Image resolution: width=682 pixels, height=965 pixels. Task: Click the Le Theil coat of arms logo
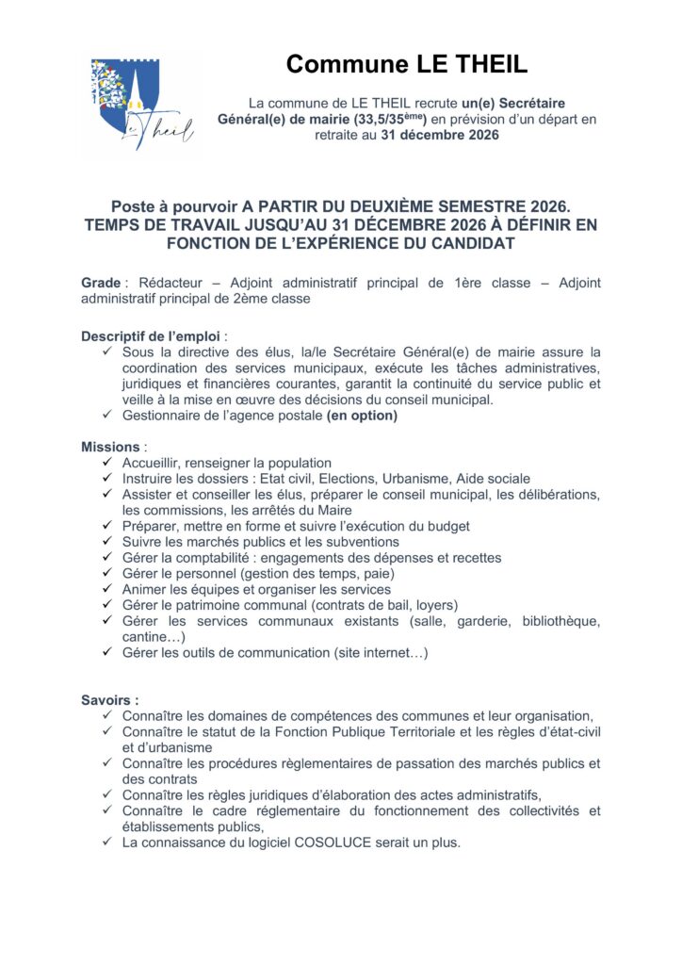141,106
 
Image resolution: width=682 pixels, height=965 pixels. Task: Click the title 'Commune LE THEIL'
407,64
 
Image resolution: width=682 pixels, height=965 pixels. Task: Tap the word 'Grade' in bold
101,283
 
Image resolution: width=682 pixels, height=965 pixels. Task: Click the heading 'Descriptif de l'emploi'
154,335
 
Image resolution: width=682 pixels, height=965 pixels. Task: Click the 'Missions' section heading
110,447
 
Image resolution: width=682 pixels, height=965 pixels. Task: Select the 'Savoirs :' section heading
110,700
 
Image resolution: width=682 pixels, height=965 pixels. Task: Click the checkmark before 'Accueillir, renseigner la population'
106,463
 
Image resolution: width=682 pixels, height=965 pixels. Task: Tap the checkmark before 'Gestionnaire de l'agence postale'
106,416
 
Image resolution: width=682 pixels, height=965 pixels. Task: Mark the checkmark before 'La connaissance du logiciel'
106,842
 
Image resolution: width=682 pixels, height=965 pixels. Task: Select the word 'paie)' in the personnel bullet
375,574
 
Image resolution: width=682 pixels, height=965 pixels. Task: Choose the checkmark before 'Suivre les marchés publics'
106,542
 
